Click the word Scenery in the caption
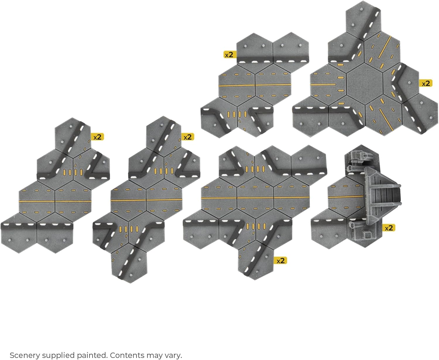point(25,355)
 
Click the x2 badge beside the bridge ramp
point(389,228)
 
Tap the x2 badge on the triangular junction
point(426,83)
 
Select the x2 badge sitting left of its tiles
point(229,55)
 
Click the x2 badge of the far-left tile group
point(97,137)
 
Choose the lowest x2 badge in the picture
point(280,261)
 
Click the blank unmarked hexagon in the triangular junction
point(365,84)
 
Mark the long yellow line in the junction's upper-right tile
point(385,47)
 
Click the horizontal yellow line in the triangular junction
point(323,85)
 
